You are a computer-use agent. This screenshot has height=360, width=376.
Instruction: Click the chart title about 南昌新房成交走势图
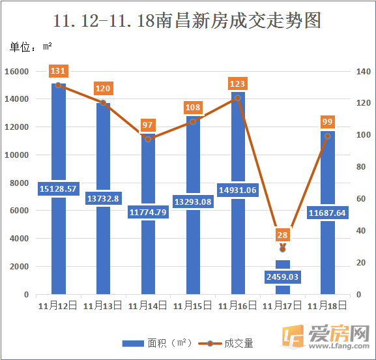tap(187, 21)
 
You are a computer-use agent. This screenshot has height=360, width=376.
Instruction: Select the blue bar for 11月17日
tap(283, 277)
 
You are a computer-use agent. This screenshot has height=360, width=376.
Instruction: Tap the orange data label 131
tap(59, 71)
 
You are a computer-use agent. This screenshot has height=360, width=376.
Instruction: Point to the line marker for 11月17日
tap(283, 249)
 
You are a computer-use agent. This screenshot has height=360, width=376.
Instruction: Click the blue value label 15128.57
tap(59, 189)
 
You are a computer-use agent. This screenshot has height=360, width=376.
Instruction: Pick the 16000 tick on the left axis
tap(16, 72)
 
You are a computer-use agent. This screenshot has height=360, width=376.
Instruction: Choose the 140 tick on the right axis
tap(363, 71)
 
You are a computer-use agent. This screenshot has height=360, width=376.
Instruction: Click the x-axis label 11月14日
tap(148, 306)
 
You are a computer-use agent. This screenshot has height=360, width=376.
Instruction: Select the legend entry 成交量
tap(225, 344)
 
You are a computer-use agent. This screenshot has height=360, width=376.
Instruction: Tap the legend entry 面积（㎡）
tap(157, 343)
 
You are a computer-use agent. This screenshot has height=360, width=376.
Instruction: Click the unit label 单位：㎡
tap(31, 46)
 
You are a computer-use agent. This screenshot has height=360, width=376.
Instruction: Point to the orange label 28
tap(282, 235)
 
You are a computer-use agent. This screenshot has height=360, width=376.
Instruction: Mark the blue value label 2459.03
tap(282, 277)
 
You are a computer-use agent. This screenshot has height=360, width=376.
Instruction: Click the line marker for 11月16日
tap(238, 98)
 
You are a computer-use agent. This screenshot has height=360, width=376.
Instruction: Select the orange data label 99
tap(327, 122)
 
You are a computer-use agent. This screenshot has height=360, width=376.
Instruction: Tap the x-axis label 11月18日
tap(327, 306)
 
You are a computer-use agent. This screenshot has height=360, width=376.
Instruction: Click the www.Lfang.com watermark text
tap(339, 346)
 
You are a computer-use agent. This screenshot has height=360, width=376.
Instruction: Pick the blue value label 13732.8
tap(103, 198)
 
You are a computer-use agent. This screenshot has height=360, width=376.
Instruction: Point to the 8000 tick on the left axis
tap(19, 183)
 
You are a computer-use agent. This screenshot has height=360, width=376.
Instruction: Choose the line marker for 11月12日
tap(58, 85)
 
